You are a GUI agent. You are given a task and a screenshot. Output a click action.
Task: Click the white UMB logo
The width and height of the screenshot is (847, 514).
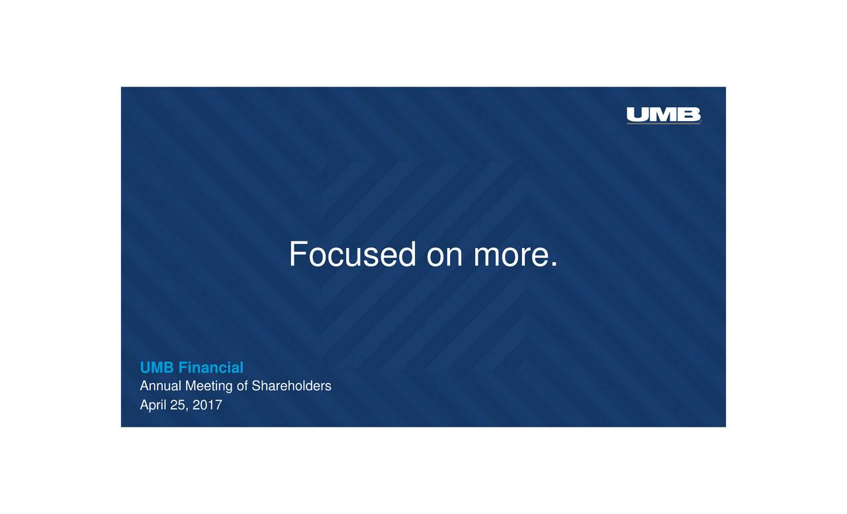(663, 115)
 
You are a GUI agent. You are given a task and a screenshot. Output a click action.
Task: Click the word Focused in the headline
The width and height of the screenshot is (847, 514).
(352, 255)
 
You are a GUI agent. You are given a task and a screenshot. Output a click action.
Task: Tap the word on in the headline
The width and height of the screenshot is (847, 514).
(445, 257)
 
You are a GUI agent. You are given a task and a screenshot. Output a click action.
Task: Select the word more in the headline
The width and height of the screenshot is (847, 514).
(510, 257)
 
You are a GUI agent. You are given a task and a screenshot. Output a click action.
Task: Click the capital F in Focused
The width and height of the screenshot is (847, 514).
(298, 255)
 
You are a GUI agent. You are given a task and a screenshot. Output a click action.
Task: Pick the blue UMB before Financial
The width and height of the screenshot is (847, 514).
(157, 368)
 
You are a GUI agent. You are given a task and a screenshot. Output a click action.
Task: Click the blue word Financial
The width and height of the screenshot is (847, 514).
(210, 368)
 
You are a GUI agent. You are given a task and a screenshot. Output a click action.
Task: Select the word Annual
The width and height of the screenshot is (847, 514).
(161, 386)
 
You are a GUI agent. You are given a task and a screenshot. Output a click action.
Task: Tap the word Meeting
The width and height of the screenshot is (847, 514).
(209, 386)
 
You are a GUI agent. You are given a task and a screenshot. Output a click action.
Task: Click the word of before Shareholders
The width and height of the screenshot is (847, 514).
(242, 386)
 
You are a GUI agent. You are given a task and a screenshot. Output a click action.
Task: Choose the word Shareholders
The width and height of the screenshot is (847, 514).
(291, 386)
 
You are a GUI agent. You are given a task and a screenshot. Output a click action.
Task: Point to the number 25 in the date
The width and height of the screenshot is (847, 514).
(177, 405)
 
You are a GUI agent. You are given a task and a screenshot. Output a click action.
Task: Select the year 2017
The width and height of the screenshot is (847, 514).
(207, 405)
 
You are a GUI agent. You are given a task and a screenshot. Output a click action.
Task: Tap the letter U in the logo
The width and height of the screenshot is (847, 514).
(638, 115)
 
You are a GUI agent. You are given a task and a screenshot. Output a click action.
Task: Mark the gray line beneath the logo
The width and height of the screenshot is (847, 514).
(663, 124)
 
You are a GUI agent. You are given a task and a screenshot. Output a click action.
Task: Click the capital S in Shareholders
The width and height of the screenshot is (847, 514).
(256, 386)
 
